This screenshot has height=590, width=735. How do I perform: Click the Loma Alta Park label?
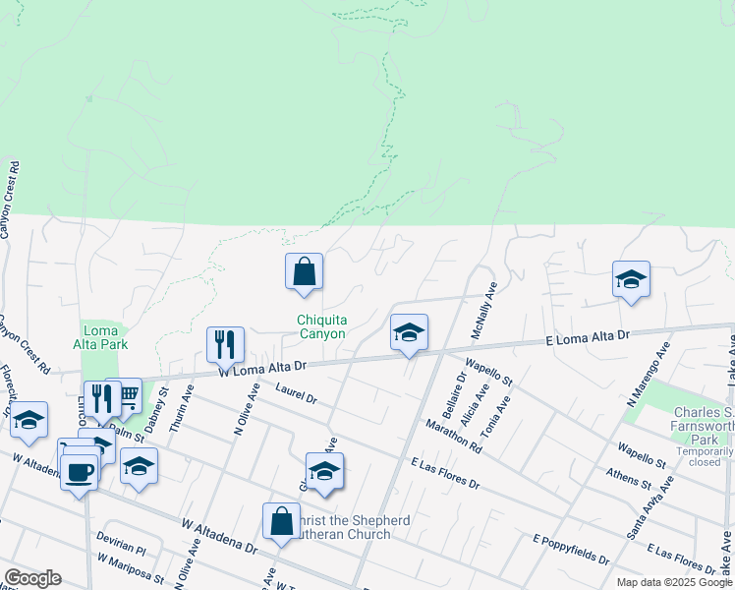click(x=100, y=338)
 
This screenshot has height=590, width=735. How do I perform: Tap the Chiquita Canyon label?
click(x=322, y=326)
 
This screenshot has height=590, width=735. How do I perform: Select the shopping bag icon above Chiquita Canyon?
click(x=304, y=270)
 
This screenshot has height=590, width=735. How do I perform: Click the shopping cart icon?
click(x=126, y=394)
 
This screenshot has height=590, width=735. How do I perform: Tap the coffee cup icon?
click(x=79, y=472)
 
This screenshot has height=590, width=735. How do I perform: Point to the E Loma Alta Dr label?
click(x=588, y=337)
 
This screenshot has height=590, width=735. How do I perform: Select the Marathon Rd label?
click(x=453, y=436)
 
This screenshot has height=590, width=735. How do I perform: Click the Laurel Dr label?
click(x=297, y=396)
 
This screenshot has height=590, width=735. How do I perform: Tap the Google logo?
click(x=32, y=577)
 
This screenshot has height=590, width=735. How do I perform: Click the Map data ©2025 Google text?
click(x=673, y=582)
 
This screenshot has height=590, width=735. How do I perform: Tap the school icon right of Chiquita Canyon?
click(x=409, y=332)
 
